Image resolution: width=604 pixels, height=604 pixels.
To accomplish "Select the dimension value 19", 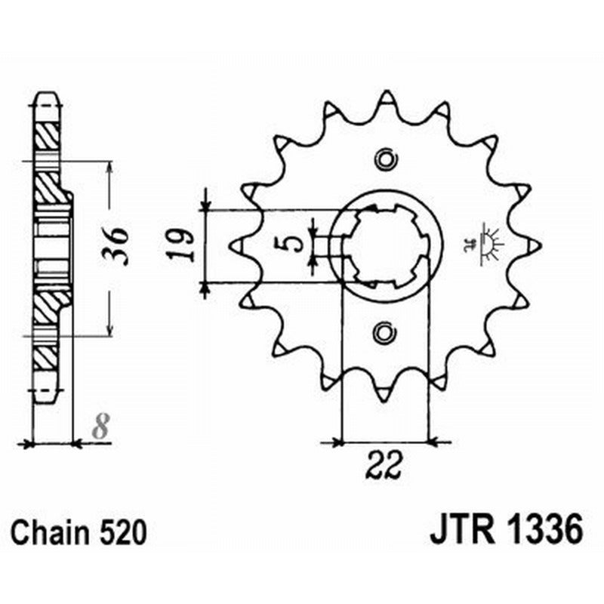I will pos(184,245).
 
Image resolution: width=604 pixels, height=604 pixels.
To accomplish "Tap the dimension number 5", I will pos(294,243).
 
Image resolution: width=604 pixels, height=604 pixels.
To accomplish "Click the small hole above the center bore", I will pos(386,159).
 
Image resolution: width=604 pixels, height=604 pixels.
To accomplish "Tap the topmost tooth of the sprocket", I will pos(386,97).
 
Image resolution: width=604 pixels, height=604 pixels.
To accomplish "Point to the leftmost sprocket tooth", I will pos(236,245).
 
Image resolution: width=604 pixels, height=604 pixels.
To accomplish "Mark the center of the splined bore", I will pos(386,245).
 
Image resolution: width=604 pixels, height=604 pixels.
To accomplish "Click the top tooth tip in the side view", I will pos(47,97).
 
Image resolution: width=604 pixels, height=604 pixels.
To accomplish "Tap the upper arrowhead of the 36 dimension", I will pos(110,168).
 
